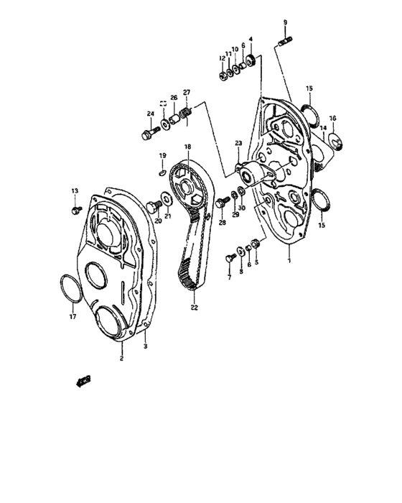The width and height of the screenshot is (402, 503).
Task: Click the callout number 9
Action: tap(285, 24)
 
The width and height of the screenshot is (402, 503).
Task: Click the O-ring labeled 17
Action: tap(69, 289)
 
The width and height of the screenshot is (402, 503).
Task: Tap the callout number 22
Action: tap(193, 308)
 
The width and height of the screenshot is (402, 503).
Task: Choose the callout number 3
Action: tap(146, 346)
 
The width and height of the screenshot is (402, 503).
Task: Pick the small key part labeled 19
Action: tap(163, 172)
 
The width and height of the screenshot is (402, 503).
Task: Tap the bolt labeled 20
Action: tap(152, 207)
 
